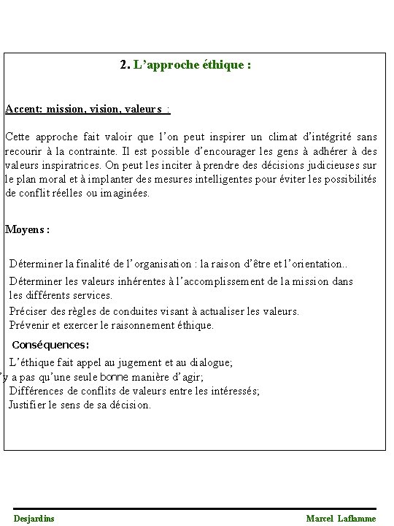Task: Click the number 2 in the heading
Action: pos(123,65)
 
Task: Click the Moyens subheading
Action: pos(27,229)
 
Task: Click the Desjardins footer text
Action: pos(34,518)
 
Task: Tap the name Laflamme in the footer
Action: pos(357,518)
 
